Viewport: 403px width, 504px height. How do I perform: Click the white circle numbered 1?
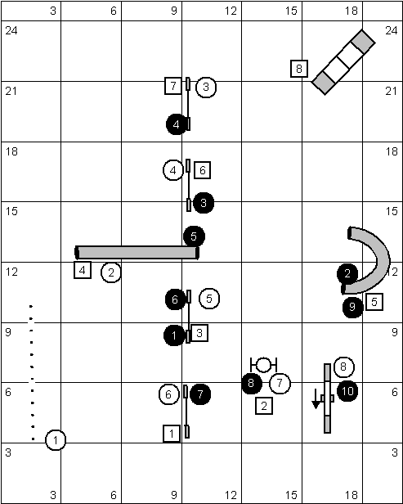56,440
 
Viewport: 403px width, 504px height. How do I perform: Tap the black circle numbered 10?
347,391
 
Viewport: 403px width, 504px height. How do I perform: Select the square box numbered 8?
299,69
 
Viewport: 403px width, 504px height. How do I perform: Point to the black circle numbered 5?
194,236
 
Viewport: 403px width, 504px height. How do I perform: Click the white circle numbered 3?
206,87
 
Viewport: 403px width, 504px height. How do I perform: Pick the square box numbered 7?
173,86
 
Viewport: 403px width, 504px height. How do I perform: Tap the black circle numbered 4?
177,124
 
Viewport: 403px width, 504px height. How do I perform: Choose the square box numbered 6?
202,170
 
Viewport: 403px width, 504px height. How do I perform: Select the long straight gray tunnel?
137,253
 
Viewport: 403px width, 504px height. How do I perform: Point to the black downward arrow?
316,399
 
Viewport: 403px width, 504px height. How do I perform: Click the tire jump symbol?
264,365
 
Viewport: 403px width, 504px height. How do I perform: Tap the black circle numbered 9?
352,308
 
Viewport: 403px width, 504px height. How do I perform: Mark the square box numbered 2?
264,406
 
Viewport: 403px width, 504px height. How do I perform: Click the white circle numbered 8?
344,367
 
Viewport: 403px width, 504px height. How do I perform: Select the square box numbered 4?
83,270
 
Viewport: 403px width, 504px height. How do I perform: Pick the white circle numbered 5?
209,299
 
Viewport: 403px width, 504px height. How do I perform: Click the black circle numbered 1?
174,335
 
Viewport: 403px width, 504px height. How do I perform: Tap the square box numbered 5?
374,302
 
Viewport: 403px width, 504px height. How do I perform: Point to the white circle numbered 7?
280,384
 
